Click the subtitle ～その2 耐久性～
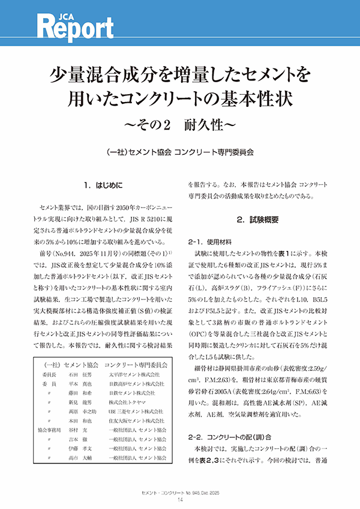(x=179, y=125)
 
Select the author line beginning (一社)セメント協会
(x=179, y=152)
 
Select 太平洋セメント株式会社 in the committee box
(x=136, y=373)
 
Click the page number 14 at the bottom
(x=179, y=500)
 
